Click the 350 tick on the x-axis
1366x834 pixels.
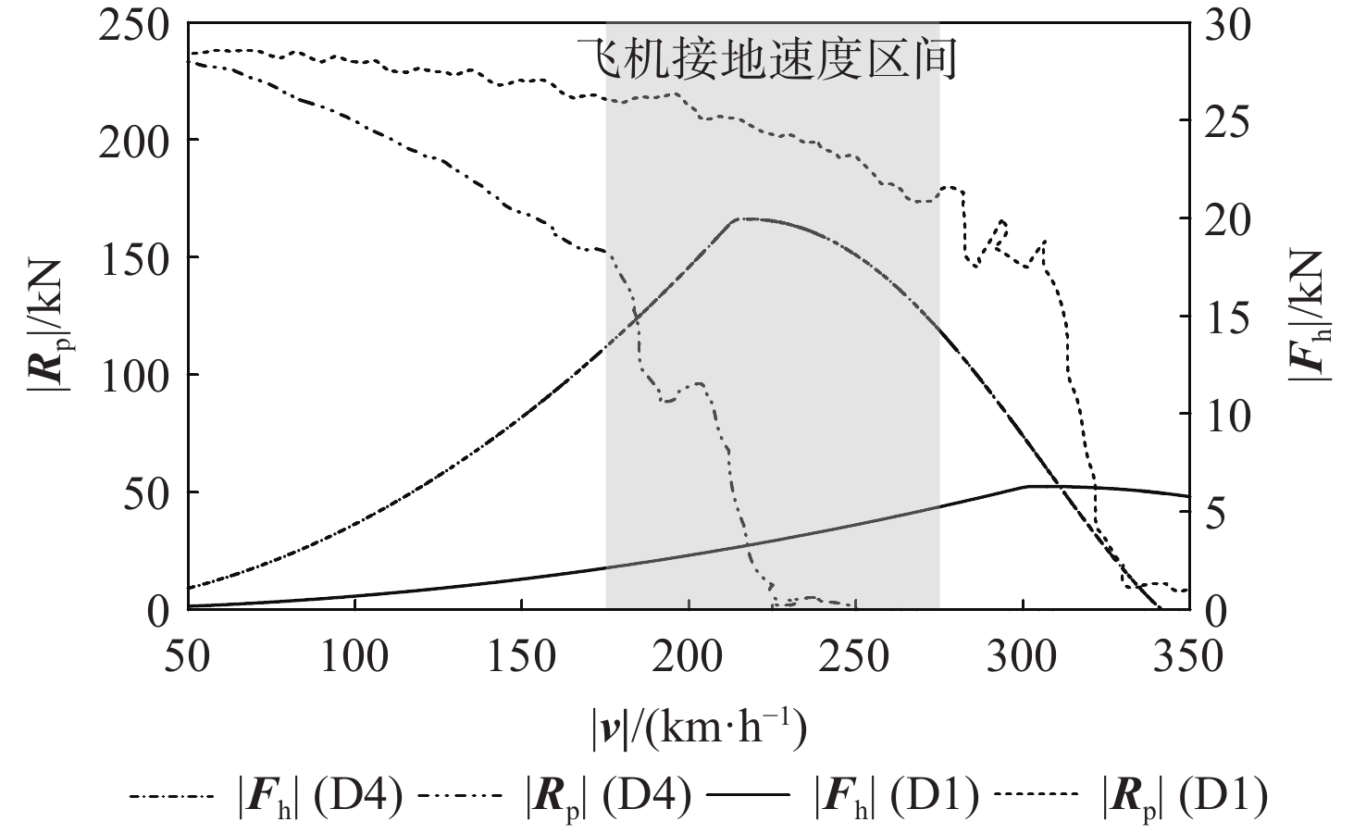[x=1190, y=658]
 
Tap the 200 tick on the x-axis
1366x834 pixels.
[x=689, y=658]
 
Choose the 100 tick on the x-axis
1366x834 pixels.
[x=354, y=658]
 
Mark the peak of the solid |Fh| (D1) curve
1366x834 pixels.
[x=1029, y=486]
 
